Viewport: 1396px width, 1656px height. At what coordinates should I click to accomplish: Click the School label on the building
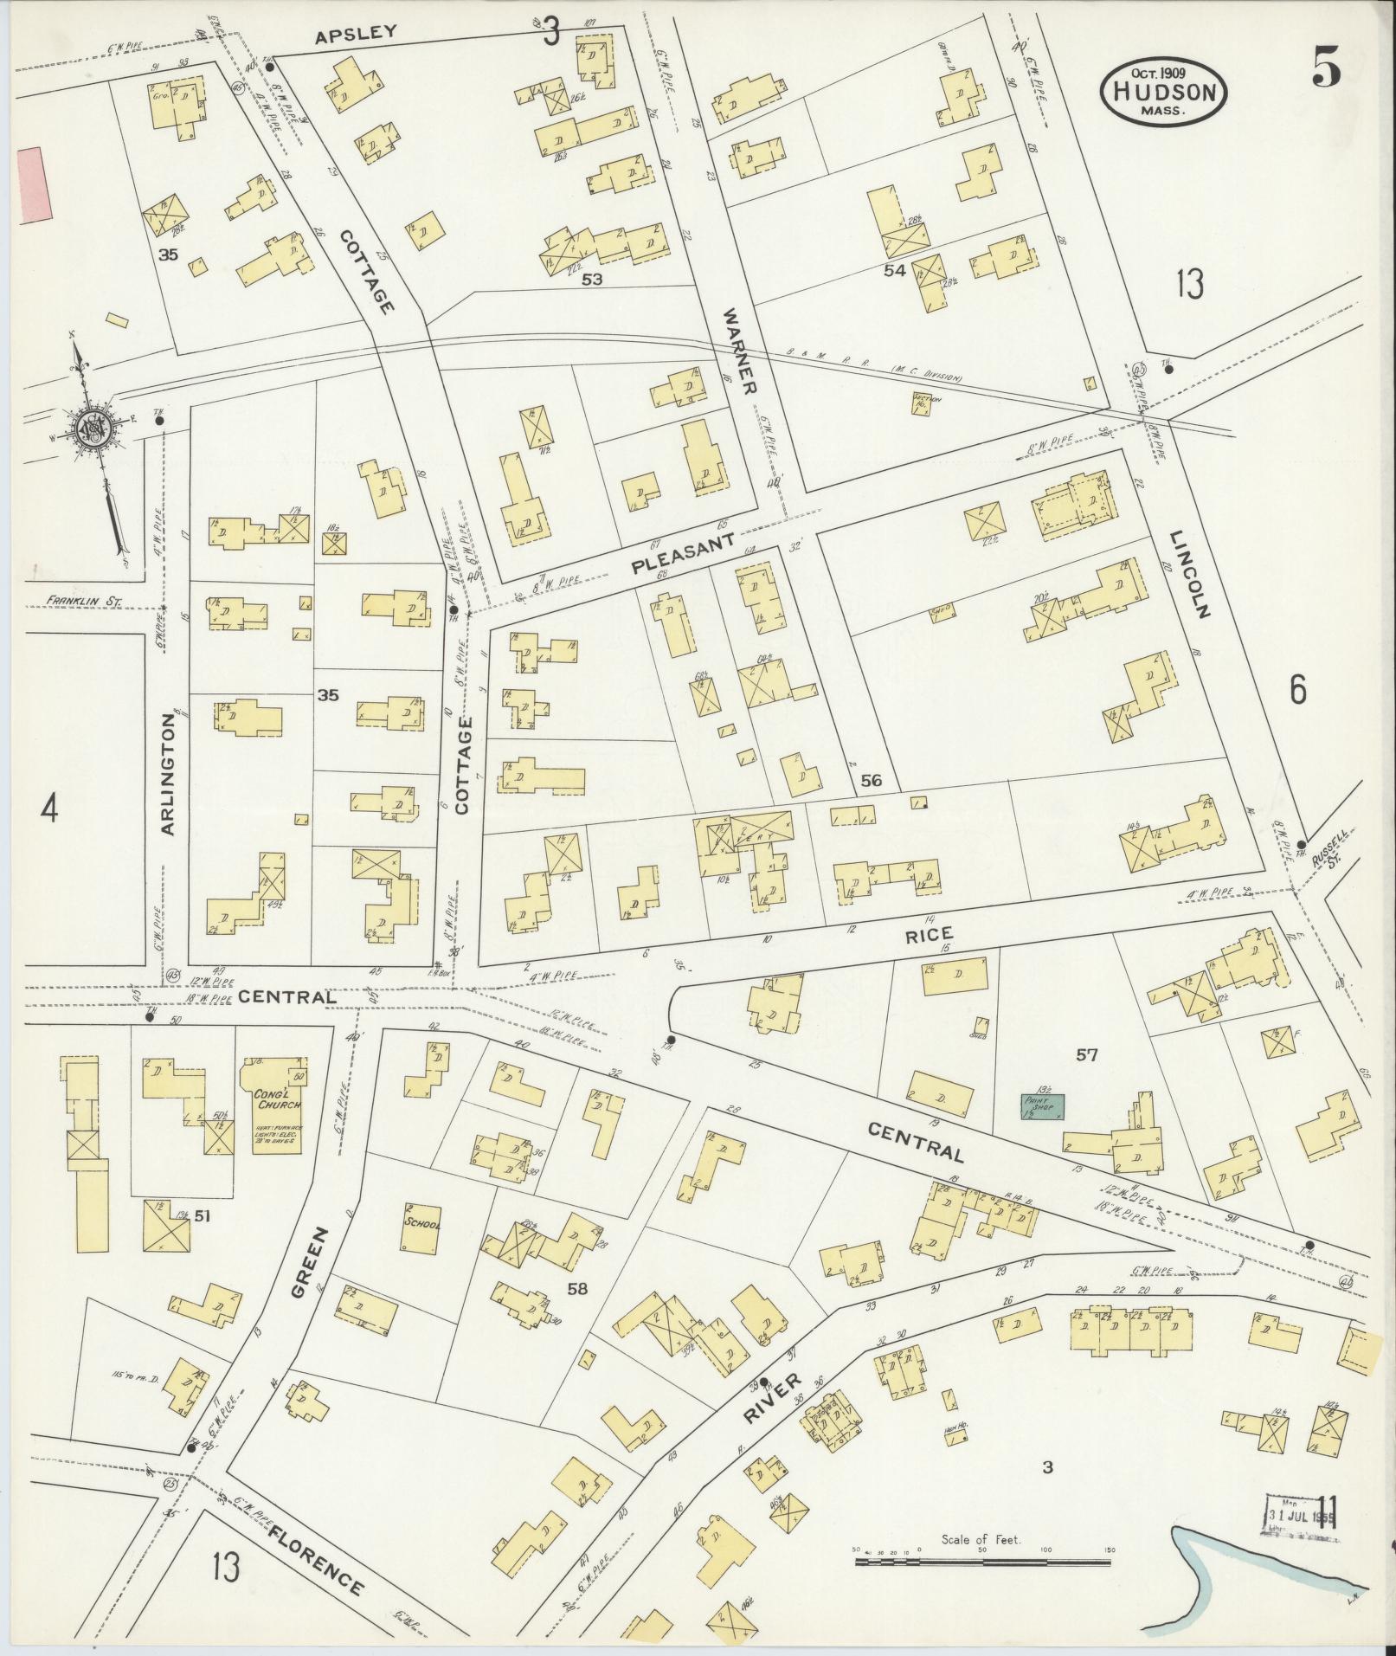[422, 1224]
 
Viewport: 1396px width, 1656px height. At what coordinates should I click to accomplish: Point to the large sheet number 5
[1325, 68]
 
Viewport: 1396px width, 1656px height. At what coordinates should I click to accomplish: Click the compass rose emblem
[91, 427]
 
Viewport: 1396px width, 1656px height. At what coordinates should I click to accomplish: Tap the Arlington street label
[169, 779]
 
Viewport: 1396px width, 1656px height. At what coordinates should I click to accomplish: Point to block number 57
[1086, 1055]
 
